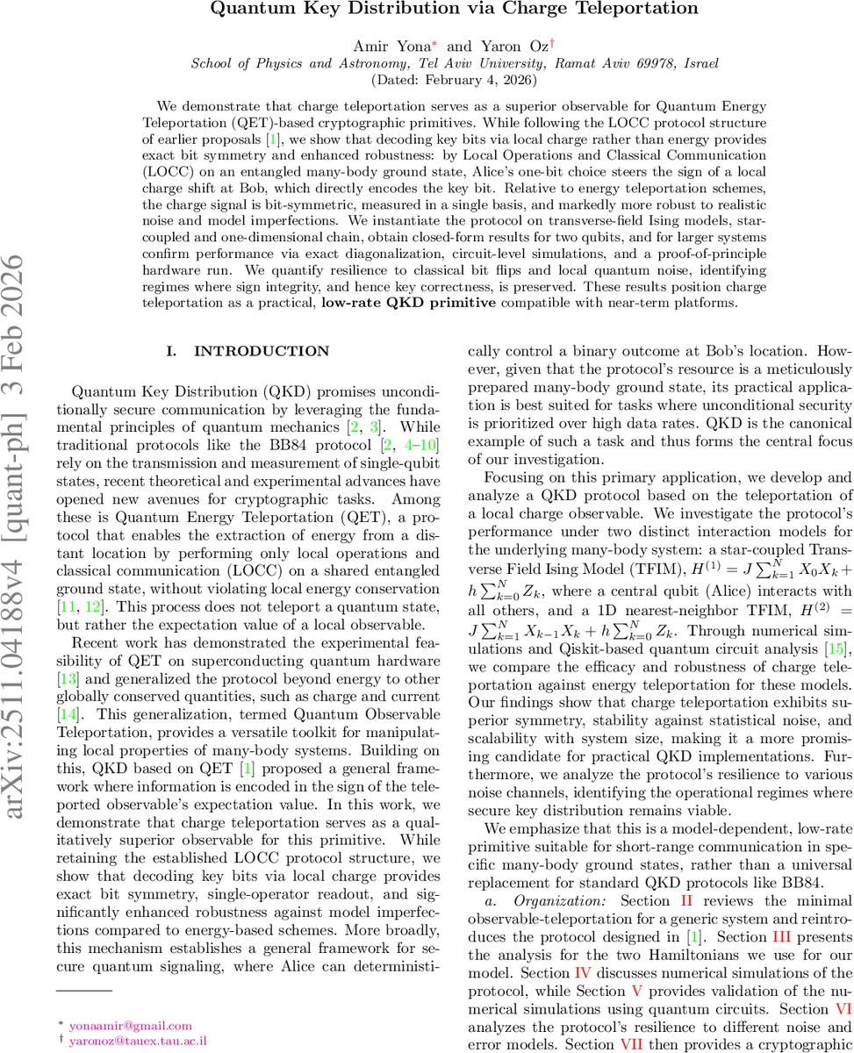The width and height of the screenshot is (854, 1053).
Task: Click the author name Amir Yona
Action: (x=381, y=45)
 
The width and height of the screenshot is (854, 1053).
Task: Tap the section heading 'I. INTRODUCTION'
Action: (x=248, y=351)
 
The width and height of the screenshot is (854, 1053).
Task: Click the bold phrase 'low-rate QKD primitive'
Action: (x=395, y=304)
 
